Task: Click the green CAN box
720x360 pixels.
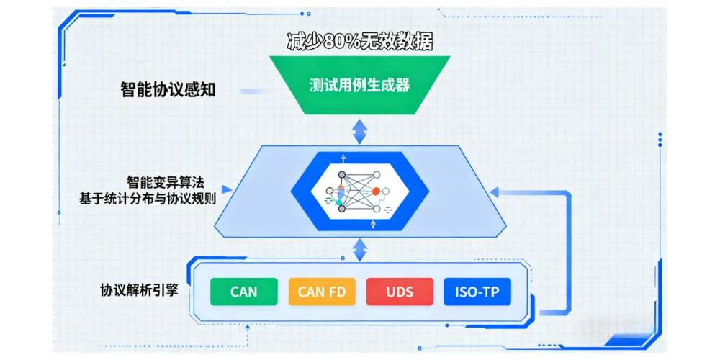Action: click(243, 292)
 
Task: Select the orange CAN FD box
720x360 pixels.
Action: click(321, 292)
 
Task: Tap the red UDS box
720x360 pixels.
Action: click(399, 292)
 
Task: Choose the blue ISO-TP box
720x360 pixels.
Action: click(477, 292)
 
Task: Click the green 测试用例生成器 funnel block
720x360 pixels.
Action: click(359, 86)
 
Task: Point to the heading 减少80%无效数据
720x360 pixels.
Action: click(359, 42)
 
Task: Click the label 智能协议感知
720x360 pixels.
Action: click(167, 91)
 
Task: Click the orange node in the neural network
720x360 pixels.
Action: click(376, 192)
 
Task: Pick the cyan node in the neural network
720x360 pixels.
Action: click(338, 202)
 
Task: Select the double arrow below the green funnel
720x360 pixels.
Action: click(359, 131)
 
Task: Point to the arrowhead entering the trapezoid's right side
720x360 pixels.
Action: click(492, 192)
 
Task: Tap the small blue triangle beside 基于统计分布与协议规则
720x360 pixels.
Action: click(227, 191)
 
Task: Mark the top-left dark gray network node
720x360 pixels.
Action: click(342, 174)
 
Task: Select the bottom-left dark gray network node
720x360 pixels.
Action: click(342, 209)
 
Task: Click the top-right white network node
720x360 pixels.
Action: click(377, 174)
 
